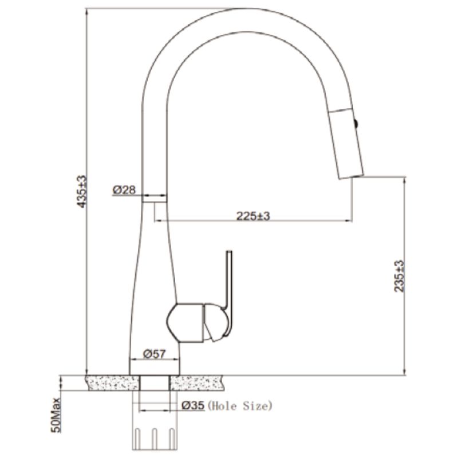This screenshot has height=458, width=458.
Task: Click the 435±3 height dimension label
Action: [x=81, y=191]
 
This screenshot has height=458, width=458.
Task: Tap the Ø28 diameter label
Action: [x=124, y=190]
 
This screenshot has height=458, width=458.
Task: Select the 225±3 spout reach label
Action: [x=253, y=216]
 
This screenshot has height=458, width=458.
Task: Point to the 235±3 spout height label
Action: [x=398, y=276]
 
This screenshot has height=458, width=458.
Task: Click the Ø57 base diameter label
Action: [x=154, y=354]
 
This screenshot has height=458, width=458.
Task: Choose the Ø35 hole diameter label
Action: [x=193, y=405]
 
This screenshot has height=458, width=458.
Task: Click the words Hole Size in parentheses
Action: [x=240, y=406]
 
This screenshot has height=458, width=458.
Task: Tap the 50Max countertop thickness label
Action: [x=56, y=415]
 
